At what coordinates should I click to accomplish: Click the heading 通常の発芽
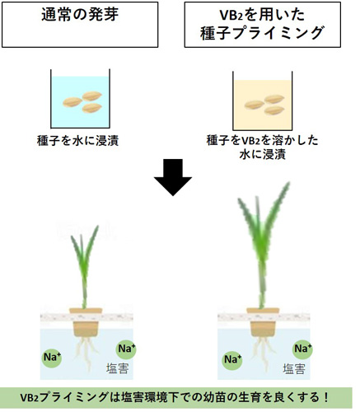point(80,14)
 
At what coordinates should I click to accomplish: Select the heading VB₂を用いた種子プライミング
point(262,24)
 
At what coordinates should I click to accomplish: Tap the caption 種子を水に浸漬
point(78,141)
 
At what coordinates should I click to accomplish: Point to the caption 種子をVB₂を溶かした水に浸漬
point(262,147)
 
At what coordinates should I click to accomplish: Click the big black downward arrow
point(173,177)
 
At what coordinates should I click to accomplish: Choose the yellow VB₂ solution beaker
point(263,101)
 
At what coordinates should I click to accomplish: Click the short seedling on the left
point(85,266)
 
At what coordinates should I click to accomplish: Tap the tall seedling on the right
point(262,245)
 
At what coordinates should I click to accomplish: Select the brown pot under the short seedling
point(86,322)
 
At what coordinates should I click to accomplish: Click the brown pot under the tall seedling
point(263,322)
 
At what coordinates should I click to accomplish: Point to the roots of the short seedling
point(86,353)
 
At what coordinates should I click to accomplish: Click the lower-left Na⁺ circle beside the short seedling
point(52,358)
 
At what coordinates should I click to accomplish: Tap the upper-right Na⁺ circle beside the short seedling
point(126,349)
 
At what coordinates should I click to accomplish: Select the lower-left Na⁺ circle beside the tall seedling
point(232,359)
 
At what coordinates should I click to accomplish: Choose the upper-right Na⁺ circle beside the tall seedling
point(302,349)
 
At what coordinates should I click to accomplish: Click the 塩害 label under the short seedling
point(118,368)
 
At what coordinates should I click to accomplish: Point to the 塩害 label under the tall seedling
point(294,369)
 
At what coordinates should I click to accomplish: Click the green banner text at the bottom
point(175,397)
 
